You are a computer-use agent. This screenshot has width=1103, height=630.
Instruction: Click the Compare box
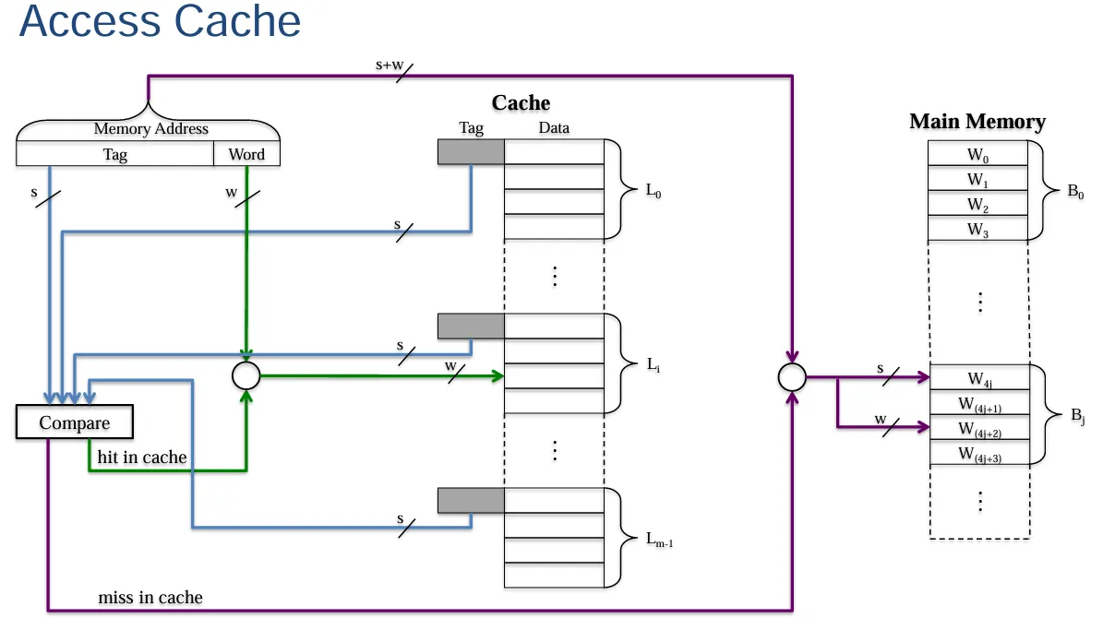click(x=75, y=422)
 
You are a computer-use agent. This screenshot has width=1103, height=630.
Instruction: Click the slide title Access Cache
click(x=160, y=21)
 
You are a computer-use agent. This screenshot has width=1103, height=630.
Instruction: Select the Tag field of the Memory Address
click(x=115, y=155)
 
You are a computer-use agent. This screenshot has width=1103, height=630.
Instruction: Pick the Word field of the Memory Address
click(x=246, y=155)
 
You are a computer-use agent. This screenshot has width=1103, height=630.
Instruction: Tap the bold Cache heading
click(x=521, y=103)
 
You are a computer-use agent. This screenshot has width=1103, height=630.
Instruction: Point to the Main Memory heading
click(x=977, y=122)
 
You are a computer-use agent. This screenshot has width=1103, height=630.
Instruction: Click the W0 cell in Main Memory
click(x=978, y=154)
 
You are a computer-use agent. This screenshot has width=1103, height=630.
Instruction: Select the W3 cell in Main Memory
click(x=978, y=230)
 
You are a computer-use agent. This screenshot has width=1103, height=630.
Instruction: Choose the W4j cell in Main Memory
click(x=978, y=377)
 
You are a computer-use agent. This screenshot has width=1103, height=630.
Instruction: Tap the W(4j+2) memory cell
click(x=978, y=428)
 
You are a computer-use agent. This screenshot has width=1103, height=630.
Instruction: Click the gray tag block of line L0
click(x=471, y=152)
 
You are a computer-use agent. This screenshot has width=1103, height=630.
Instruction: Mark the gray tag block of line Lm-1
click(x=471, y=501)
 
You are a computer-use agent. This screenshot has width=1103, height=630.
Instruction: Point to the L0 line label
click(x=653, y=191)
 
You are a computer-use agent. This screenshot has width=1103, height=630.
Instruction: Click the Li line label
click(x=653, y=366)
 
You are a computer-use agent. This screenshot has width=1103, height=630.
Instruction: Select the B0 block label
click(x=1074, y=192)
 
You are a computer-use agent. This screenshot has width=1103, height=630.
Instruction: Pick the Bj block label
click(x=1077, y=417)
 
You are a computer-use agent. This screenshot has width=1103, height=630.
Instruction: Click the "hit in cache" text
click(x=142, y=458)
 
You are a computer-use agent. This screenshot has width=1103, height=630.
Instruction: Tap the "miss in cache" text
click(x=150, y=598)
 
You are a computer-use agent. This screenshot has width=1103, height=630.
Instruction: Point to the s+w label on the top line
click(x=389, y=65)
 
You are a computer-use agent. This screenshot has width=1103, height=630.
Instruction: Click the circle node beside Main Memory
click(x=792, y=376)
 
